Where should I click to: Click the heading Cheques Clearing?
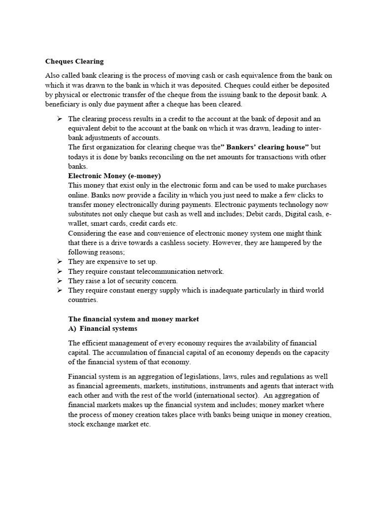74,61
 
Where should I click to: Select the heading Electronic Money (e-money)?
114,176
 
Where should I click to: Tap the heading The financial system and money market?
133,319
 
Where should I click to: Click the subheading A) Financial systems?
102,328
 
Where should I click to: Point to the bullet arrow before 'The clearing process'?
59,119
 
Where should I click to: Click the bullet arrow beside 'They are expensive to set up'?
59,261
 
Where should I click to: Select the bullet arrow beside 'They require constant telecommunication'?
59,271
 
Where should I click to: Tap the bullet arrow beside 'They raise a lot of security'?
59,281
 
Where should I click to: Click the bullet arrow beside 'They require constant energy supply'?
59,290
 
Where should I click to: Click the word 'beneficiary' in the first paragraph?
62,104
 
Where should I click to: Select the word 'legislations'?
214,377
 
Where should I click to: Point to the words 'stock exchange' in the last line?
90,424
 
